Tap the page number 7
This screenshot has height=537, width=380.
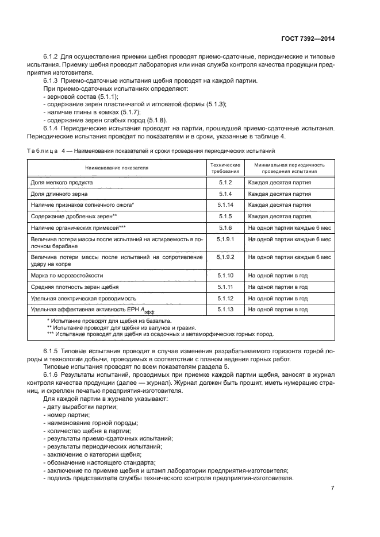click(x=333, y=488)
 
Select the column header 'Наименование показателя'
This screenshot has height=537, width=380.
click(x=117, y=168)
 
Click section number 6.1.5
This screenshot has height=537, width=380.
click(x=53, y=350)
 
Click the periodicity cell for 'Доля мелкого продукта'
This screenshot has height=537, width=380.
click(x=280, y=182)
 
